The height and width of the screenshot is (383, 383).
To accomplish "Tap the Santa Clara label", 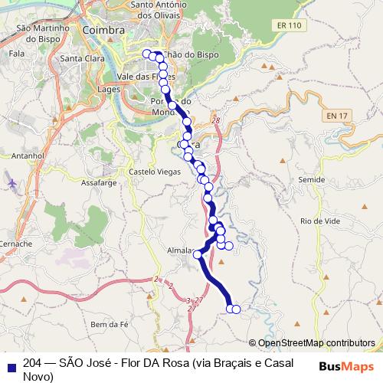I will [82, 59].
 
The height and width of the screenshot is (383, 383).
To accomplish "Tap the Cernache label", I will [15, 244].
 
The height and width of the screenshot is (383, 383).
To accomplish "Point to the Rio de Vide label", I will [320, 221].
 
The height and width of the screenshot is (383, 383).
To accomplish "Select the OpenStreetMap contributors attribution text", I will [316, 343].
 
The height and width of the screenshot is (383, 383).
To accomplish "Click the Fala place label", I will [15, 54].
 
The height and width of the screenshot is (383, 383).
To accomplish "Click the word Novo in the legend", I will [38, 376].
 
